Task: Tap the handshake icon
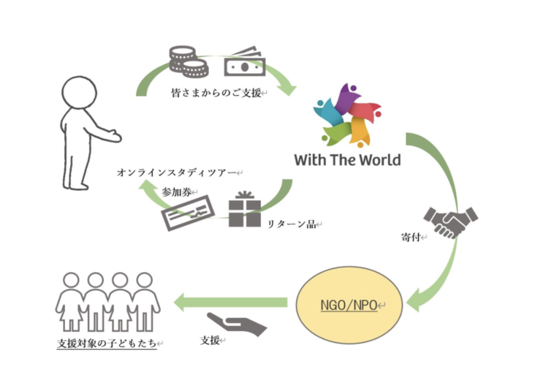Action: (x=450, y=221)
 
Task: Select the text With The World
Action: (x=347, y=159)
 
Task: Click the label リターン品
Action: (x=294, y=224)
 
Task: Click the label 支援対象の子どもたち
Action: (x=107, y=343)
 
